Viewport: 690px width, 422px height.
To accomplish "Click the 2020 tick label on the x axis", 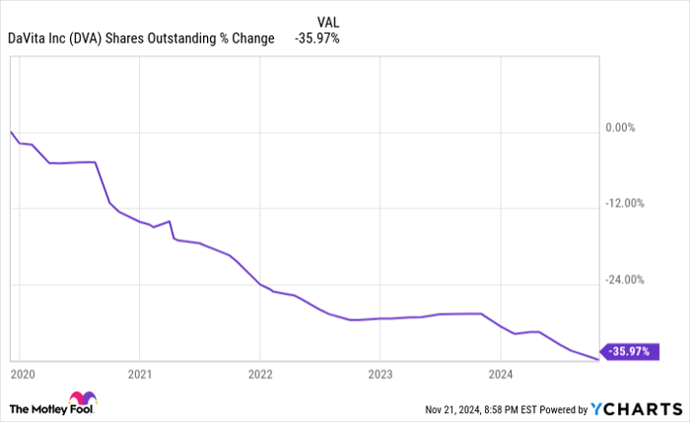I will (22, 374).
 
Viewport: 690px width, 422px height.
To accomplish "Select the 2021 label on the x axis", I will (139, 374).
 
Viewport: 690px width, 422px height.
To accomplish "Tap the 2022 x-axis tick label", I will (260, 374).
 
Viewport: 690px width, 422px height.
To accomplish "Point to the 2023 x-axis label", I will (380, 374).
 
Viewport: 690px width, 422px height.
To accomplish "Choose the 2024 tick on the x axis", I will (501, 374).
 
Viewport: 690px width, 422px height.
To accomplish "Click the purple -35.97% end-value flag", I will (629, 351).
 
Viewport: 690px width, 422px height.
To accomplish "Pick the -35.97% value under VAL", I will (317, 38).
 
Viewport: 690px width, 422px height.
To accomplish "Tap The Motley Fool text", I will (39, 407).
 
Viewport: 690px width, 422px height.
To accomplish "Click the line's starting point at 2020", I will (10, 131).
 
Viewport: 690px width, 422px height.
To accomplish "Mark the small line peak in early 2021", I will (170, 221).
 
